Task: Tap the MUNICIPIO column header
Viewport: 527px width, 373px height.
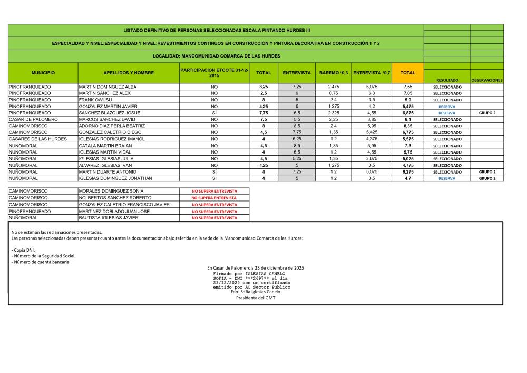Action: [x=43, y=73]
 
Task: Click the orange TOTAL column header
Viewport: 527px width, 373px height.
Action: [x=407, y=73]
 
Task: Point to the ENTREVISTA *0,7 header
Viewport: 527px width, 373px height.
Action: [x=372, y=73]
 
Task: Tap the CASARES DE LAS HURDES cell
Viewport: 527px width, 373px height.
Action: [x=37, y=139]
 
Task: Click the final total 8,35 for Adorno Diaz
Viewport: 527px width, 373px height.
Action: [x=407, y=126]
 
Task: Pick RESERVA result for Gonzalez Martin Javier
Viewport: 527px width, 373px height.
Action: [x=447, y=107]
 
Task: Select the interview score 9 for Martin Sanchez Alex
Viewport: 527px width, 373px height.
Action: [x=297, y=93]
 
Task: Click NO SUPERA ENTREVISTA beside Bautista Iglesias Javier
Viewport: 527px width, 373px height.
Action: [x=214, y=218]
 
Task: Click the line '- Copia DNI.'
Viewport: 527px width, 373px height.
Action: [x=23, y=249]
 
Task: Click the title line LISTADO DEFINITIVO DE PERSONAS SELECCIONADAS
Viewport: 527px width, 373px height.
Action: [x=216, y=31]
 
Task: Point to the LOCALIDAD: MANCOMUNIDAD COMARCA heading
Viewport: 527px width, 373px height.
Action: [x=216, y=56]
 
